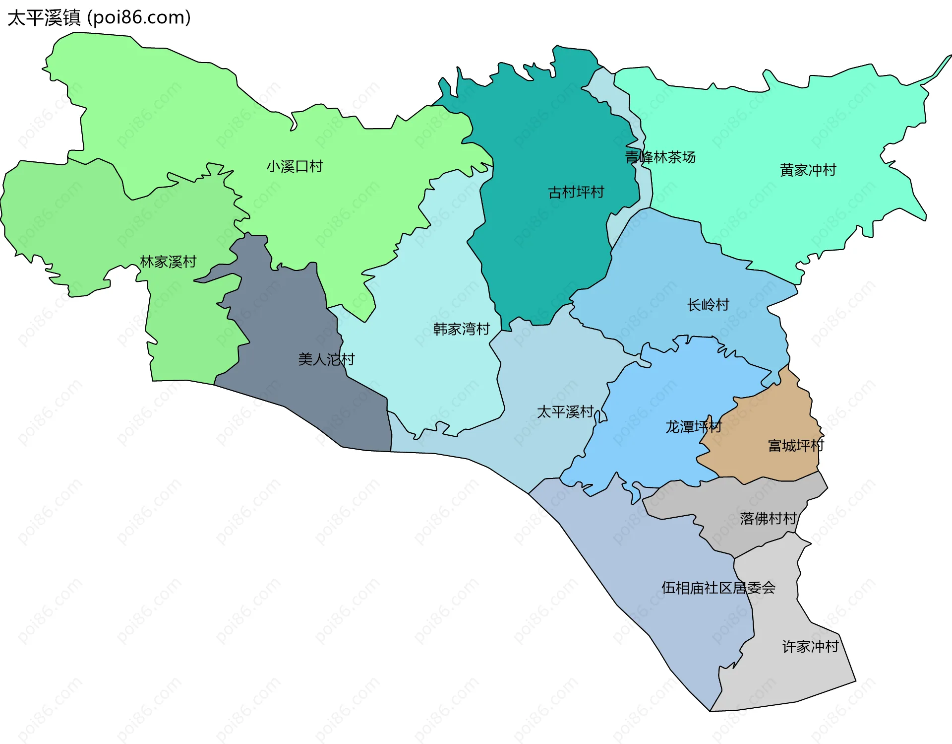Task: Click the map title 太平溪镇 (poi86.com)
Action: click(x=99, y=18)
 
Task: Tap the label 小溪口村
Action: click(x=295, y=166)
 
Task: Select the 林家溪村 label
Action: click(x=168, y=262)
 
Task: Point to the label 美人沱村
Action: click(x=326, y=359)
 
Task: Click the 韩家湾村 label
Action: click(x=461, y=329)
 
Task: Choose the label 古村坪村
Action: click(x=576, y=192)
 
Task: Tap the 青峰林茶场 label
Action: click(x=660, y=157)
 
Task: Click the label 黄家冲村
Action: click(x=808, y=170)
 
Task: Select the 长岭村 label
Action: click(x=708, y=305)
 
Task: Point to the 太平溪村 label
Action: click(x=565, y=411)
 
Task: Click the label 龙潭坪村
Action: click(x=693, y=426)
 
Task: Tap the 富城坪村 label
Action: click(x=795, y=446)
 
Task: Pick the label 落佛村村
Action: click(x=768, y=519)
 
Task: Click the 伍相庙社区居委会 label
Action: click(x=718, y=588)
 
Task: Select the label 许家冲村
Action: click(x=810, y=646)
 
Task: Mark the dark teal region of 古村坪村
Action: click(x=545, y=248)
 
